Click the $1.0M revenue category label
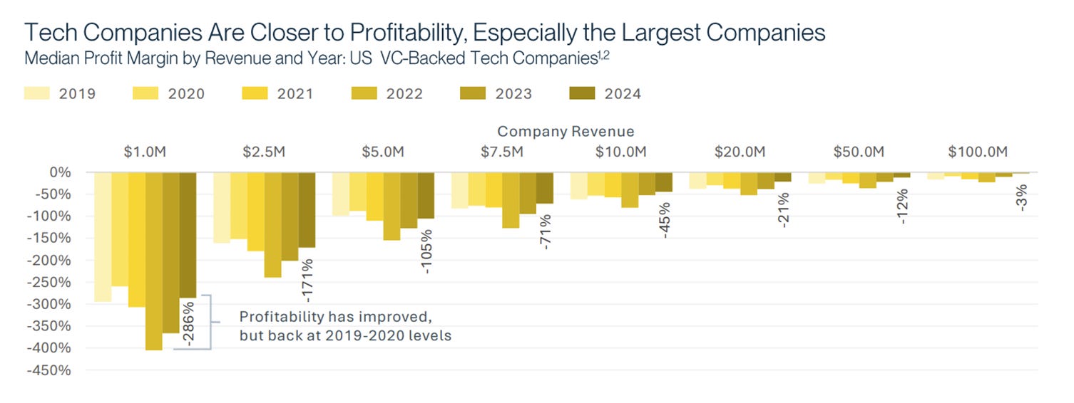tap(145, 152)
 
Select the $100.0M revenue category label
tap(978, 152)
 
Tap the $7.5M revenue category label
tap(502, 152)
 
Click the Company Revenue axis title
tap(566, 132)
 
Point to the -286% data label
tap(188, 324)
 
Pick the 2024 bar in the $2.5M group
tap(307, 209)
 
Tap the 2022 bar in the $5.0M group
tap(392, 206)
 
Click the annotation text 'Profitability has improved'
tap(335, 317)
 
